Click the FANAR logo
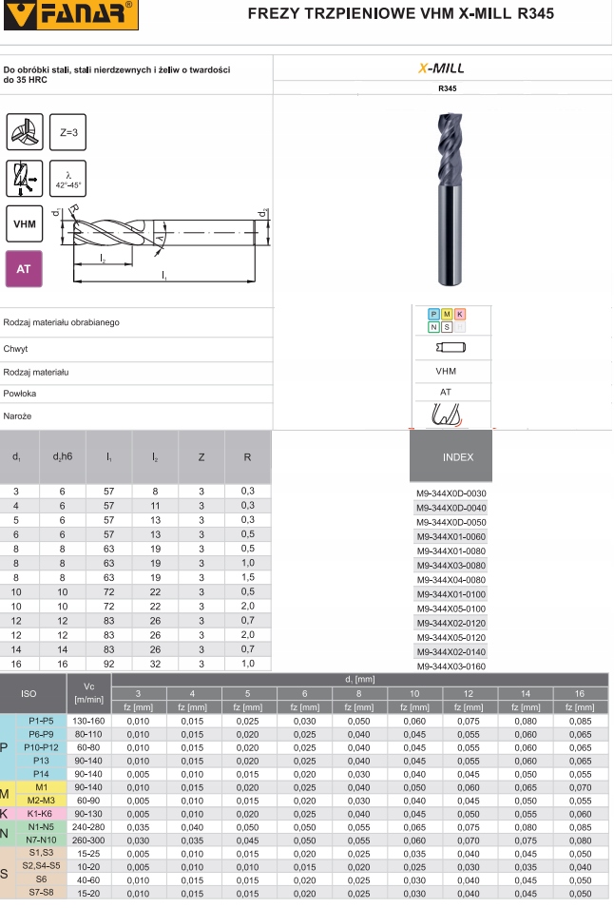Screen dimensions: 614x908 [x=70, y=14]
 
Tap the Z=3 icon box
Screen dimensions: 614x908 [x=67, y=132]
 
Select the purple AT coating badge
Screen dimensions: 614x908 [x=24, y=269]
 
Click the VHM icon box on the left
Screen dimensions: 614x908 [x=25, y=223]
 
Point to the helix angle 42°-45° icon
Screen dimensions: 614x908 [x=67, y=179]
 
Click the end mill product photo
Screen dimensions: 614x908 [x=450, y=199]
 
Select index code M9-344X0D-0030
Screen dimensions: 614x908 [x=451, y=493]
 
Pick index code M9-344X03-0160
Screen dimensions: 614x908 [x=451, y=667]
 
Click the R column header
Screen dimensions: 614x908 [x=248, y=457]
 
